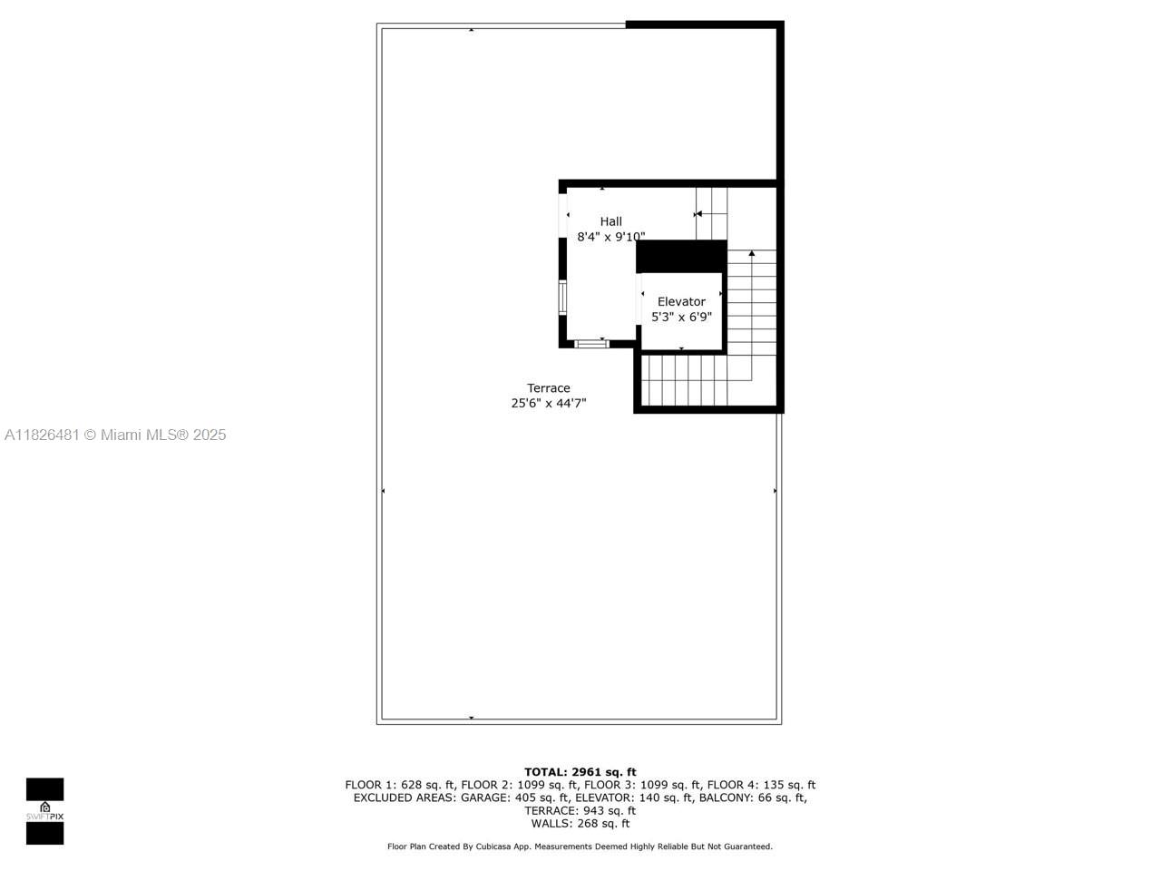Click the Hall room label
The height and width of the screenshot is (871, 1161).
(x=610, y=221)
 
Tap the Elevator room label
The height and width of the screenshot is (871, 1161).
(x=681, y=301)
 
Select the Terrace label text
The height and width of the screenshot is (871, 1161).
(x=549, y=388)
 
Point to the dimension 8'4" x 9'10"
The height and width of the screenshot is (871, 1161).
(x=610, y=237)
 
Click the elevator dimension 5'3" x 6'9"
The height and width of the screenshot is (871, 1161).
(x=681, y=318)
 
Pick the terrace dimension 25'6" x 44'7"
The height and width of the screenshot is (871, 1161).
(x=549, y=404)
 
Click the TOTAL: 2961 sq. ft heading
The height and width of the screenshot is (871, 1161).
(x=580, y=772)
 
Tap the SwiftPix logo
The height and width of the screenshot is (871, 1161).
(x=44, y=811)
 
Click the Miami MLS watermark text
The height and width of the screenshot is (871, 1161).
(x=115, y=435)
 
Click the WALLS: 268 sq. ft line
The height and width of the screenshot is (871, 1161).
(x=580, y=824)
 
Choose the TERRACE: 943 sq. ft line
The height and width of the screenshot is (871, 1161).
(x=580, y=811)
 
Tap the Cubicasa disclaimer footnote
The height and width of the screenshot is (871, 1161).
(x=580, y=847)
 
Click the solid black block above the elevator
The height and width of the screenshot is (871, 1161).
(x=681, y=256)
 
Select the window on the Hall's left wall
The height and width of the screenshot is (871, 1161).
(x=562, y=298)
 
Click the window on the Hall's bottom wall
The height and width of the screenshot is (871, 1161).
(x=591, y=344)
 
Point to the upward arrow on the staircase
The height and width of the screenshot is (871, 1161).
(x=751, y=253)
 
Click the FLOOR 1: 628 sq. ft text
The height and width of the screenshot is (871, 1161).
(x=400, y=785)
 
